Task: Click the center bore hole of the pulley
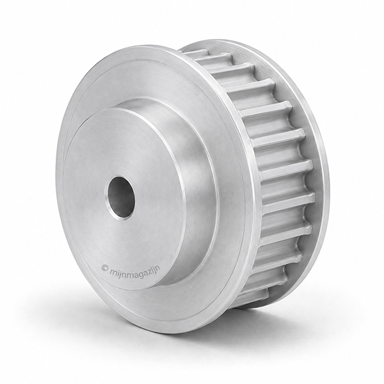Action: click(121, 197)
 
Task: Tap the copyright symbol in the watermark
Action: click(105, 267)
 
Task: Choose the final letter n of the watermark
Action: click(159, 266)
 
